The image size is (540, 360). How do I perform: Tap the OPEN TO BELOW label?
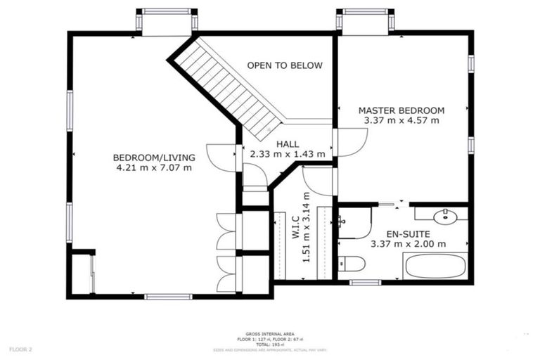click(x=285, y=65)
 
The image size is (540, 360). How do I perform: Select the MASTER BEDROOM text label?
click(x=401, y=110)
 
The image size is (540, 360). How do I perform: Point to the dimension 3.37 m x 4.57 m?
click(x=401, y=121)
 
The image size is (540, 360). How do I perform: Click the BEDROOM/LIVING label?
click(x=154, y=157)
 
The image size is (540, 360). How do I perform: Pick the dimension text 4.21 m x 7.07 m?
click(x=154, y=168)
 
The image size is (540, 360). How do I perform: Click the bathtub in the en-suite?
click(x=434, y=266)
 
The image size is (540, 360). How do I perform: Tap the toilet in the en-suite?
click(x=352, y=264)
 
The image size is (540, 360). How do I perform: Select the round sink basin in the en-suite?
click(x=445, y=215)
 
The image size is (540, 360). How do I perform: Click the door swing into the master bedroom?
click(x=349, y=143)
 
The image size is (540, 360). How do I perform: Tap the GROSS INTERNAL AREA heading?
click(x=270, y=334)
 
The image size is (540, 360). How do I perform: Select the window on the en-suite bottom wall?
click(x=365, y=283)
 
